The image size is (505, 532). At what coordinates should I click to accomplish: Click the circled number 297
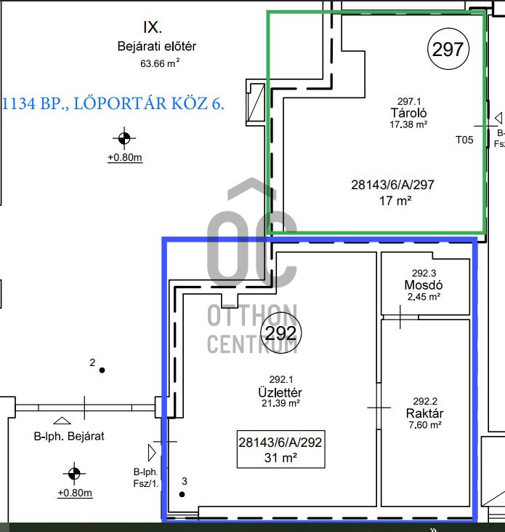tap(448, 49)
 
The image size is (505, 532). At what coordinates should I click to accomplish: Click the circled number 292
tap(280, 333)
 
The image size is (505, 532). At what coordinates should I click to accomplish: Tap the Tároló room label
tap(408, 113)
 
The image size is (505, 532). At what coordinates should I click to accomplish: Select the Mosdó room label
tap(424, 285)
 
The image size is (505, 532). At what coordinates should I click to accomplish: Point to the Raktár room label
tap(425, 413)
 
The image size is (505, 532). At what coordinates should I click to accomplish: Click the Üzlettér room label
tap(280, 392)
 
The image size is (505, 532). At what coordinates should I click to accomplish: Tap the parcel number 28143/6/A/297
tap(392, 185)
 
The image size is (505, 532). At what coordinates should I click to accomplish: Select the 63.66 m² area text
tap(160, 63)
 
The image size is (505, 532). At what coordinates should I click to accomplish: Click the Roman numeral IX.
tap(153, 28)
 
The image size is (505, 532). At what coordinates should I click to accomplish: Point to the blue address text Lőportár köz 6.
tap(149, 103)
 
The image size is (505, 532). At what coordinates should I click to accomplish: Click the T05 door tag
tap(464, 140)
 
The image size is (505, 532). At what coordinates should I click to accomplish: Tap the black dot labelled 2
tap(102, 370)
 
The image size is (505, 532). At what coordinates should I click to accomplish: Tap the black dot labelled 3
tap(182, 494)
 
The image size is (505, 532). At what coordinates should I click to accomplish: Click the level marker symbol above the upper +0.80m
tap(124, 138)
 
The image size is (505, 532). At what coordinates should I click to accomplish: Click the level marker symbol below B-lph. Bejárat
tap(74, 473)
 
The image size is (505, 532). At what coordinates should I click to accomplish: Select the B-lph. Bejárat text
tap(69, 436)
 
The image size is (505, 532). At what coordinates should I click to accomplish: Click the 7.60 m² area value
tap(425, 425)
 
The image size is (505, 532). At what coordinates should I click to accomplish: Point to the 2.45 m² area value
tap(424, 297)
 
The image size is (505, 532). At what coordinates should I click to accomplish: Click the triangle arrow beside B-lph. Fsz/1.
tap(152, 453)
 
